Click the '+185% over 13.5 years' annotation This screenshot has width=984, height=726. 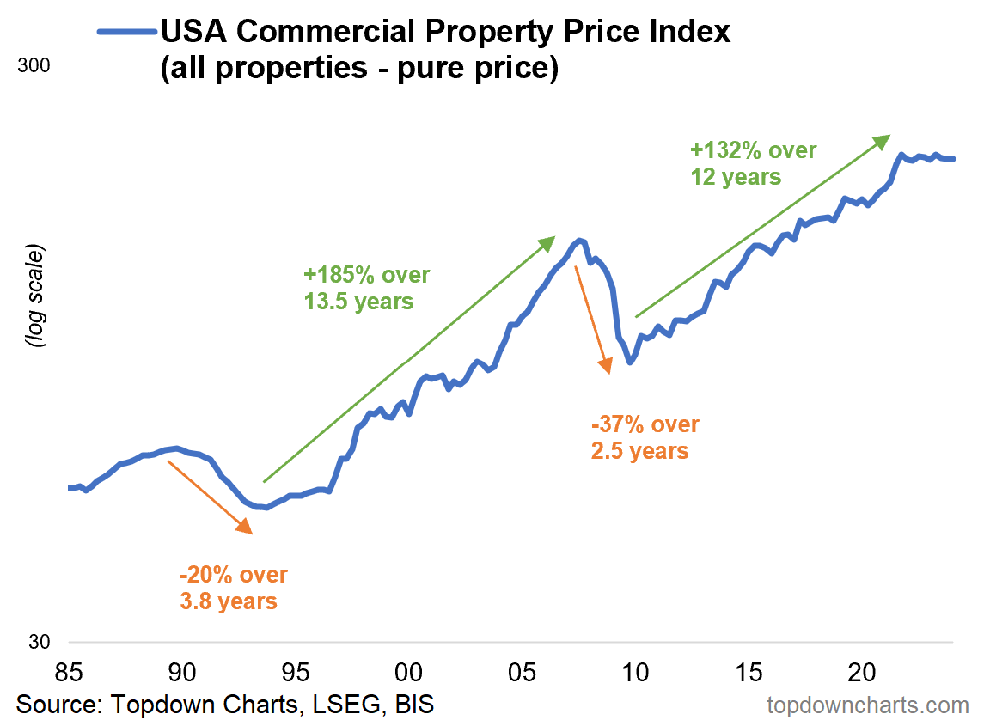[366, 288]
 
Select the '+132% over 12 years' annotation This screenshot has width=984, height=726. [753, 163]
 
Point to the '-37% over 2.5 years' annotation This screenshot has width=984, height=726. [645, 437]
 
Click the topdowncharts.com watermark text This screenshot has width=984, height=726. [867, 705]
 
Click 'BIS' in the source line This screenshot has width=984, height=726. [414, 705]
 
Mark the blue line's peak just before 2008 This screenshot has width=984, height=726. [580, 240]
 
